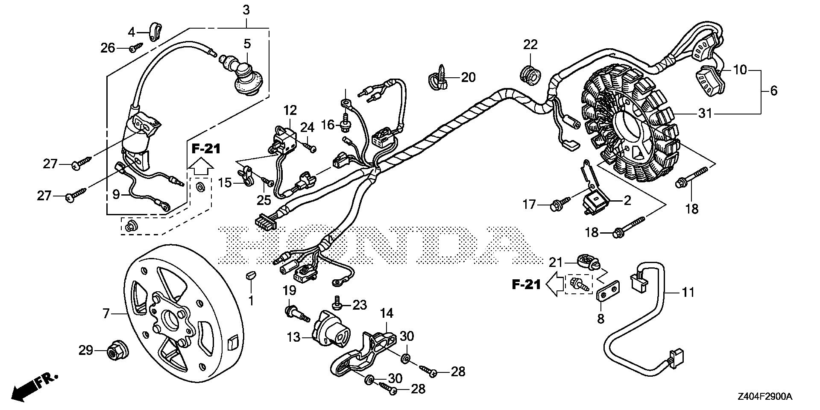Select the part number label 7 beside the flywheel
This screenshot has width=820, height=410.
coord(106,314)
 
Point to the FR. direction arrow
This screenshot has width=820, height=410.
coord(30,387)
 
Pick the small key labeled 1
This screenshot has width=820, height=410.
coord(251,274)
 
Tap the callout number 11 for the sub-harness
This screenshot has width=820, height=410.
coord(688,292)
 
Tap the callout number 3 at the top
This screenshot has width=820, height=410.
coord(246,10)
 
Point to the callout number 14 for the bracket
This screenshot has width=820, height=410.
coord(387,314)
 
